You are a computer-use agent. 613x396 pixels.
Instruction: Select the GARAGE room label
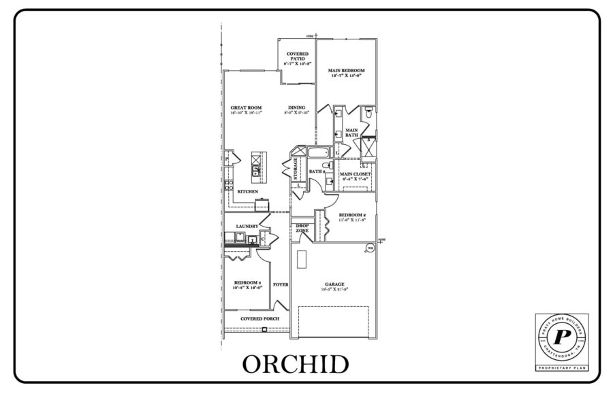(334, 284)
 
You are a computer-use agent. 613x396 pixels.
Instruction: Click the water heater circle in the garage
(371, 248)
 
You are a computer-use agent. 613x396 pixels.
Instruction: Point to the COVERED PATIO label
(297, 57)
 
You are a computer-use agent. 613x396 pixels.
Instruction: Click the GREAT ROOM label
(246, 109)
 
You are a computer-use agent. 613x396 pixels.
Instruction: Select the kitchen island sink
(257, 172)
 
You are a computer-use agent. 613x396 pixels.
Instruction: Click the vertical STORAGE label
(295, 168)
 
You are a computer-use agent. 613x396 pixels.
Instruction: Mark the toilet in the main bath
(367, 113)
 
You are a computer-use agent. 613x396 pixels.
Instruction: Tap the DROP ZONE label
(302, 228)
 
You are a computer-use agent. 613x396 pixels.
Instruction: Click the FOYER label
(280, 284)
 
